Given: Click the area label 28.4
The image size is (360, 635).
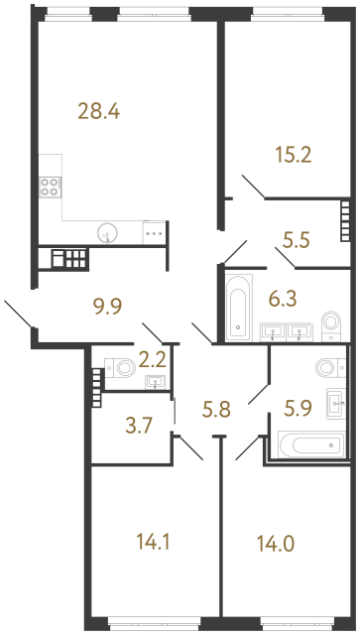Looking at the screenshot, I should (x=98, y=111).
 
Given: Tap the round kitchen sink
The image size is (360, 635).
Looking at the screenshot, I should (x=109, y=233).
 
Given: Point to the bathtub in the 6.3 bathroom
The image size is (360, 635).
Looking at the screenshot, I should (x=239, y=309).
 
